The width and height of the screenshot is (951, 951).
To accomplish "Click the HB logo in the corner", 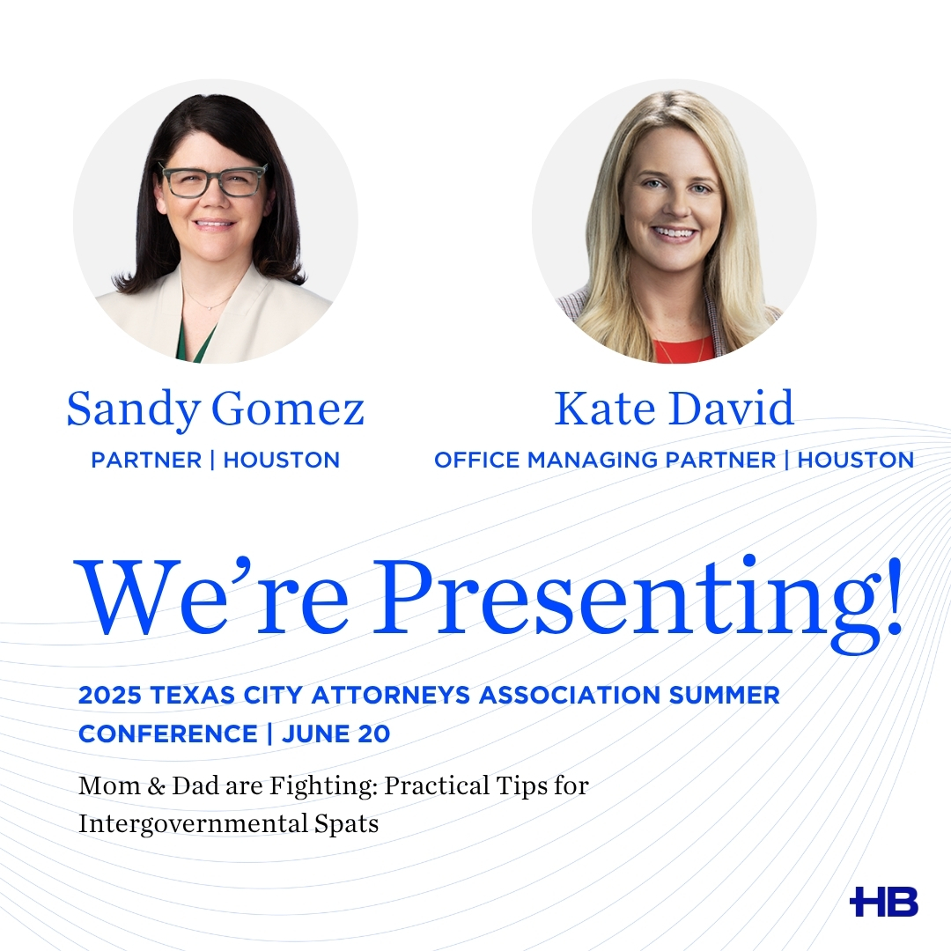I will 884,902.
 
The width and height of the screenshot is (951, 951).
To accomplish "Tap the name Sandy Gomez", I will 216,409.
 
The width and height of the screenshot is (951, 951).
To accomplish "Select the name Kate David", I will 675,409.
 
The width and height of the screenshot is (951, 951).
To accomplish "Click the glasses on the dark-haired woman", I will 213,180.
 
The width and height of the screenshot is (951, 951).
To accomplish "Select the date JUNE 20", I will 336,734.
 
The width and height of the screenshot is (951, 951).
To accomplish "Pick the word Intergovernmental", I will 192,824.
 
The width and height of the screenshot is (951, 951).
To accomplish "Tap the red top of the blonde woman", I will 682,350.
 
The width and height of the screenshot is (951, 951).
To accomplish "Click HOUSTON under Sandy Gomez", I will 282,460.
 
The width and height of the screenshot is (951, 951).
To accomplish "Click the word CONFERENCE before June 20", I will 167,734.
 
